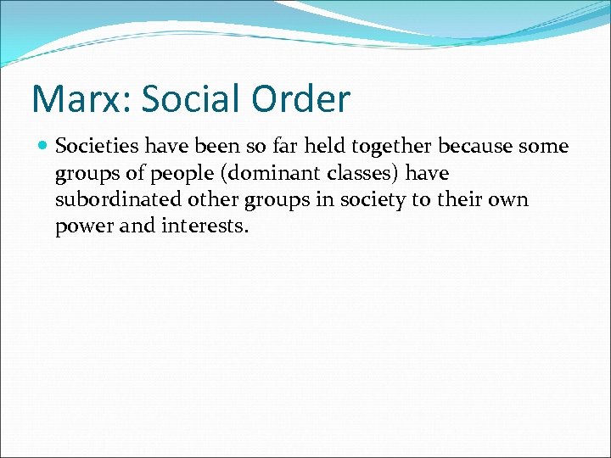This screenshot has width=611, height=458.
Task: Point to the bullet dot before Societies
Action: pyautogui.click(x=42, y=147)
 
